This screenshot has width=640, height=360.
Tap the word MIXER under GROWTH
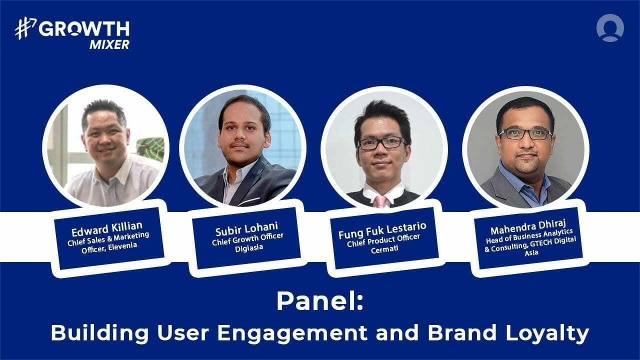tap(109, 44)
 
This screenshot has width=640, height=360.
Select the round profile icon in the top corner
tap(610, 28)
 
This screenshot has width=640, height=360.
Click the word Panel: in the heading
tap(319, 301)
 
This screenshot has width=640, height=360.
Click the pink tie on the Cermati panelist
tap(382, 200)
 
